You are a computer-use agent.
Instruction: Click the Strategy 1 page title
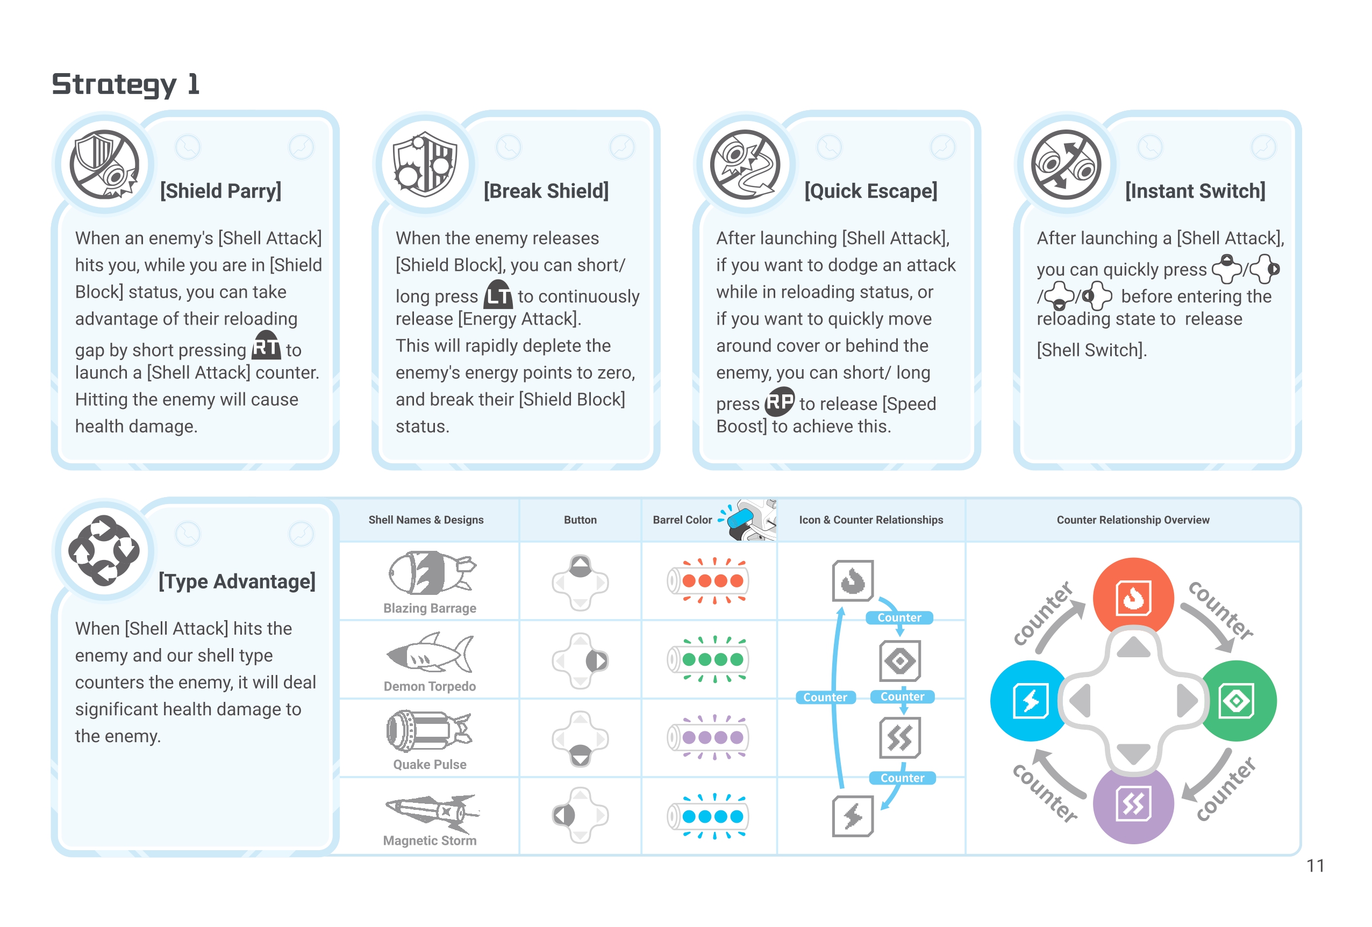click(x=126, y=84)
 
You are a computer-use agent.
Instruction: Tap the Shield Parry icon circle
click(x=104, y=164)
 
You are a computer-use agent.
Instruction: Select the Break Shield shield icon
click(x=425, y=164)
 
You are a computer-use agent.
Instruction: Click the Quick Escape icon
click(x=746, y=164)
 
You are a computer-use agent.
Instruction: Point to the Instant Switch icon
click(x=1066, y=164)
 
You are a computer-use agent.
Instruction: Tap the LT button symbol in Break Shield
click(x=498, y=294)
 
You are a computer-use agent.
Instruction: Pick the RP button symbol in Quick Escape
click(x=780, y=402)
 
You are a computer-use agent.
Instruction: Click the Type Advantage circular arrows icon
click(x=104, y=550)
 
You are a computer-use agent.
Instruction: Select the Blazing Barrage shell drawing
click(x=431, y=573)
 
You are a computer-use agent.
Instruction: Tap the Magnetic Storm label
click(x=430, y=840)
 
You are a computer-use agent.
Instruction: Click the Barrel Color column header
click(x=682, y=520)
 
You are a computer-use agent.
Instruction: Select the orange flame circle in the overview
click(x=1133, y=597)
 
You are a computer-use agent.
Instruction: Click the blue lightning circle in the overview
click(x=1030, y=700)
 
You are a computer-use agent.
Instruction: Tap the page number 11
click(x=1314, y=866)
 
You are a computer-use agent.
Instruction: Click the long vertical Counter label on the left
click(x=825, y=698)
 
